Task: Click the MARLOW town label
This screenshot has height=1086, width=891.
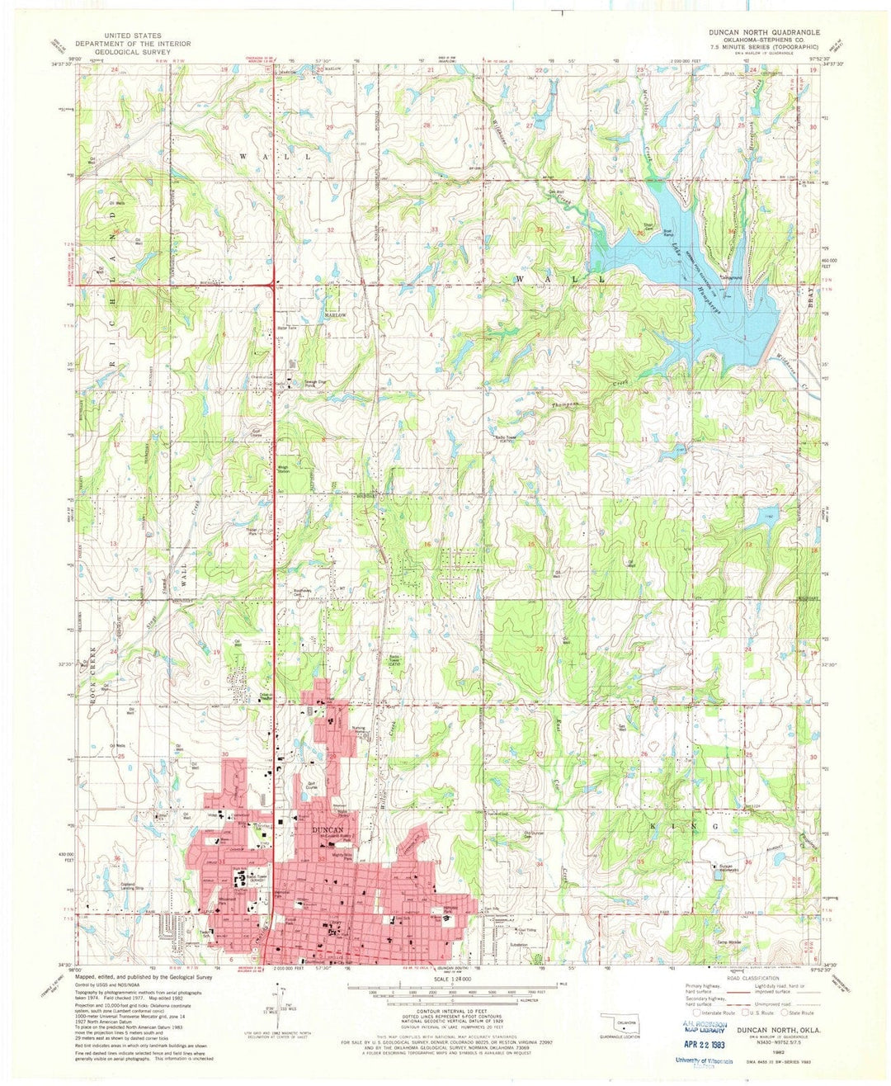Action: point(337,315)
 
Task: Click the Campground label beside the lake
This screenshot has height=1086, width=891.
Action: point(731,276)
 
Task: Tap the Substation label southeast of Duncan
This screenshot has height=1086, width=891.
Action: point(519,944)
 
